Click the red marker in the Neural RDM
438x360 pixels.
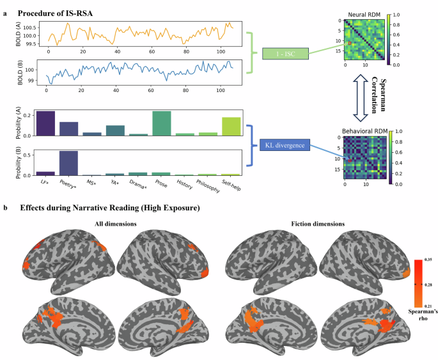pyautogui.click(x=350, y=43)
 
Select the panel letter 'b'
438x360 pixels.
pyautogui.click(x=5, y=208)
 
